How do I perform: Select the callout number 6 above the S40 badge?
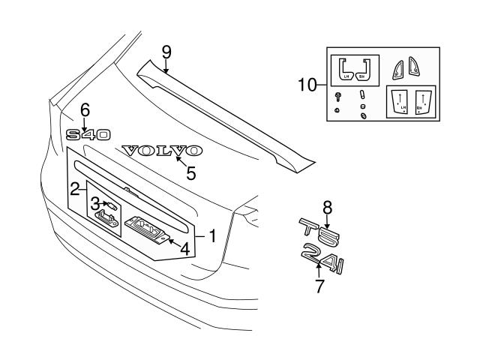[85, 110]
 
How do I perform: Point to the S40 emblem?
[88, 135]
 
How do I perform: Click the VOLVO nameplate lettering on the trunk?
[161, 151]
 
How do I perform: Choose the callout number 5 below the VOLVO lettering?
[191, 173]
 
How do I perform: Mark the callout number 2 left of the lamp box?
[75, 188]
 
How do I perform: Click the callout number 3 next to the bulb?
[95, 203]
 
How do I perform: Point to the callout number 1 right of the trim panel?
[212, 236]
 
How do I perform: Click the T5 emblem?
[319, 232]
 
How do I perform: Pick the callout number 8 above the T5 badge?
[327, 208]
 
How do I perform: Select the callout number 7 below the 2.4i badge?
[319, 286]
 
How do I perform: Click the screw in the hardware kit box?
[338, 95]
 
